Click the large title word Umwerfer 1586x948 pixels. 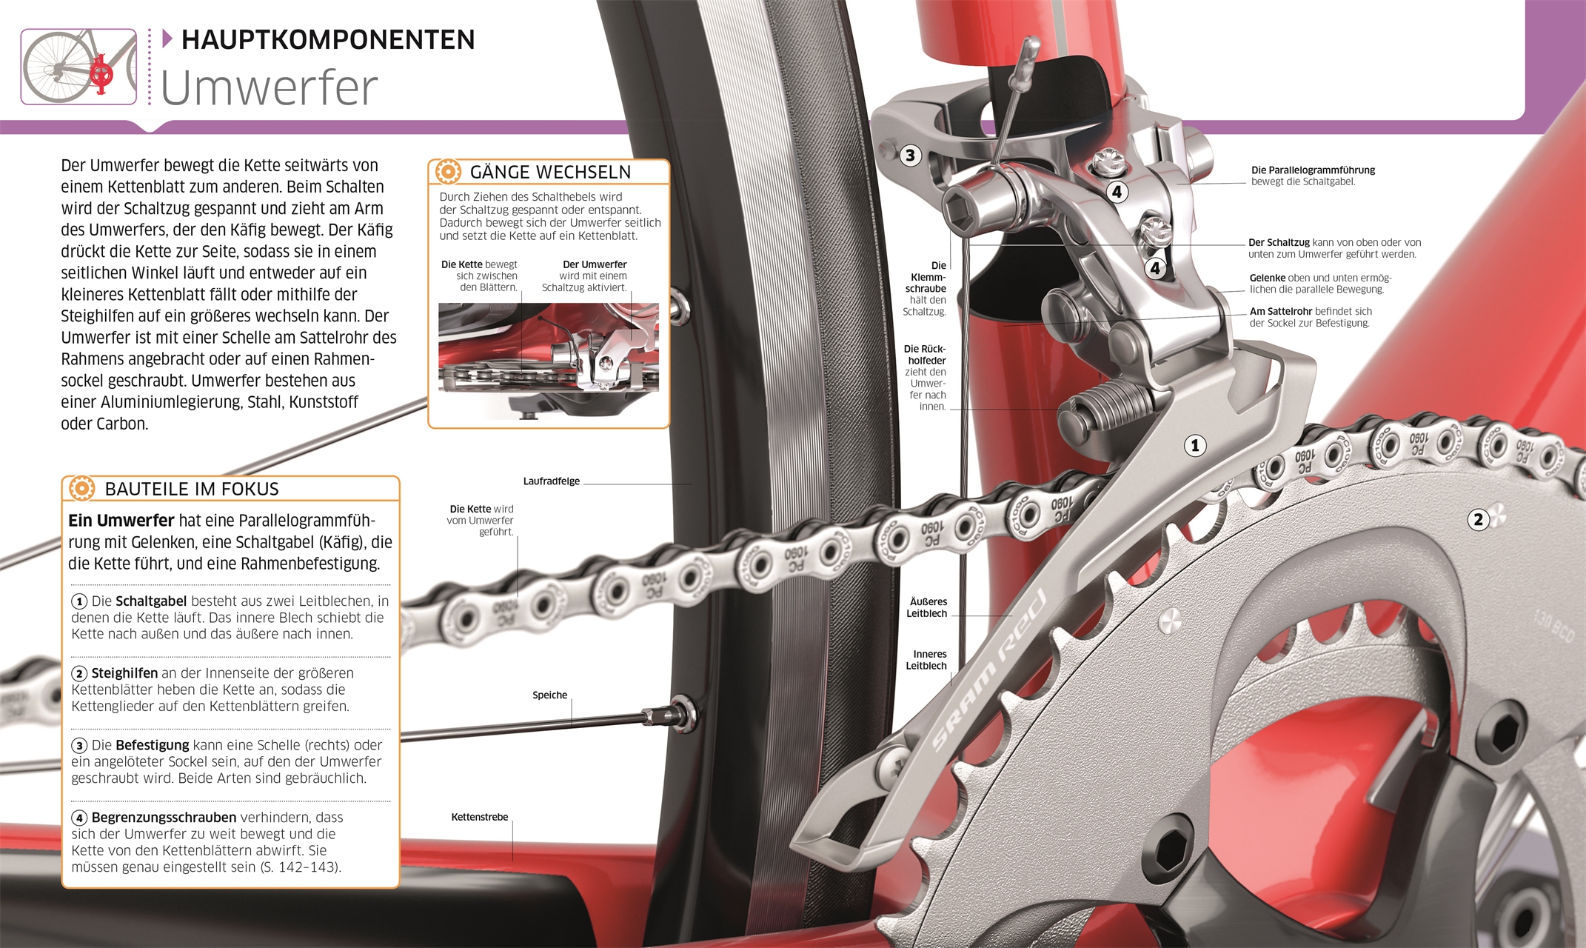269,87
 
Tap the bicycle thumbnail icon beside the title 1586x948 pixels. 78,67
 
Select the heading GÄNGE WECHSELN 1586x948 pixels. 550,172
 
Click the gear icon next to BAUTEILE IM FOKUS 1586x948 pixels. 81,488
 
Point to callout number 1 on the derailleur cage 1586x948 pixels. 1194,445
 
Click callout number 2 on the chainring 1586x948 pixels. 1478,519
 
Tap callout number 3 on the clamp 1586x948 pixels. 910,156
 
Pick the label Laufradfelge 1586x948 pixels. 551,481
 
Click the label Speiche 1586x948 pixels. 549,695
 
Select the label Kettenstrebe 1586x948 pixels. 480,817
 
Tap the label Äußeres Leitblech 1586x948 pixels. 927,607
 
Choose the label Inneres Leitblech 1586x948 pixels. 927,660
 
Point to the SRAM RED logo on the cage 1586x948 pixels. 989,670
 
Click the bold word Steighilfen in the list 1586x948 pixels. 124,673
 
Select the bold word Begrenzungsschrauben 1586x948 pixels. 164,818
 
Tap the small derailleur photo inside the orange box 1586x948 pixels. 549,361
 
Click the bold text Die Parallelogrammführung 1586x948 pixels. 1313,170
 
